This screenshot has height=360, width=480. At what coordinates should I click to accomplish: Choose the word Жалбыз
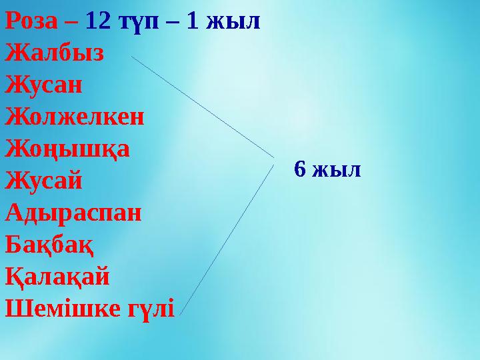click(54, 53)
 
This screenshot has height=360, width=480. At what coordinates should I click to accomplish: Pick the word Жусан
click(44, 85)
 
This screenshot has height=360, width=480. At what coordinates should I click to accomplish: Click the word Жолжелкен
click(74, 116)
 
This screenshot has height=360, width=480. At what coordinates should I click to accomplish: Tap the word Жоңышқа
click(67, 148)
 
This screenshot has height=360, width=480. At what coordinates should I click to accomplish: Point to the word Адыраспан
click(73, 212)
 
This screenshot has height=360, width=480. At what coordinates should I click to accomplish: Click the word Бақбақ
click(49, 244)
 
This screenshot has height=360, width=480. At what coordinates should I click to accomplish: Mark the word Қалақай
click(57, 275)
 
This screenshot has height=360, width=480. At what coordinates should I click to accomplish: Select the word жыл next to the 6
click(337, 169)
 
